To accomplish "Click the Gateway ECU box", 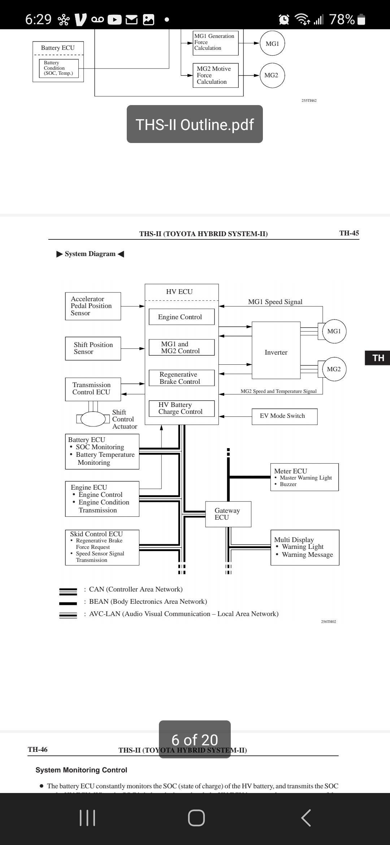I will point(228,514).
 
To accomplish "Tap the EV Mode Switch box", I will point(284,416).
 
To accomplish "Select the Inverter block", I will point(276,350).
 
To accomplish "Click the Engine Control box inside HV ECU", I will point(181,317).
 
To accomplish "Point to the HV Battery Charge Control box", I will point(181,408).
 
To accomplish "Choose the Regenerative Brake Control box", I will point(181,378).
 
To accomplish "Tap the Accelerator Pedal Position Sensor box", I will point(93,306).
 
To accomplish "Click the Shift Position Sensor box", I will point(93,348).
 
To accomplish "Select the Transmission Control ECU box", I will point(93,389).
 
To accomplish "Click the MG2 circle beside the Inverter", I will point(334,369).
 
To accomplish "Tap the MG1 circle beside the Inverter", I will point(334,331).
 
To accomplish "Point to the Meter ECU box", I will point(304,477).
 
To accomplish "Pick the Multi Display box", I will point(305,547).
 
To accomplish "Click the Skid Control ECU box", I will point(102,547).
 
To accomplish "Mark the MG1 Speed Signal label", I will point(275,302).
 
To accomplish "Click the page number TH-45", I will point(349,233).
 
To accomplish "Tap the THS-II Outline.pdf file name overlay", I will point(195,124).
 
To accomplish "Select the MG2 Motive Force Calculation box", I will point(216,75).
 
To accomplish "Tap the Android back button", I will point(306,818).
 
